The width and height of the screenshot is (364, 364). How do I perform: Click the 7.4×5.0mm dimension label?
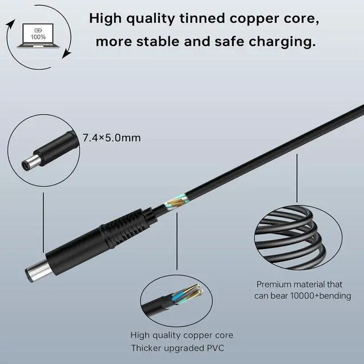point(111,137)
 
